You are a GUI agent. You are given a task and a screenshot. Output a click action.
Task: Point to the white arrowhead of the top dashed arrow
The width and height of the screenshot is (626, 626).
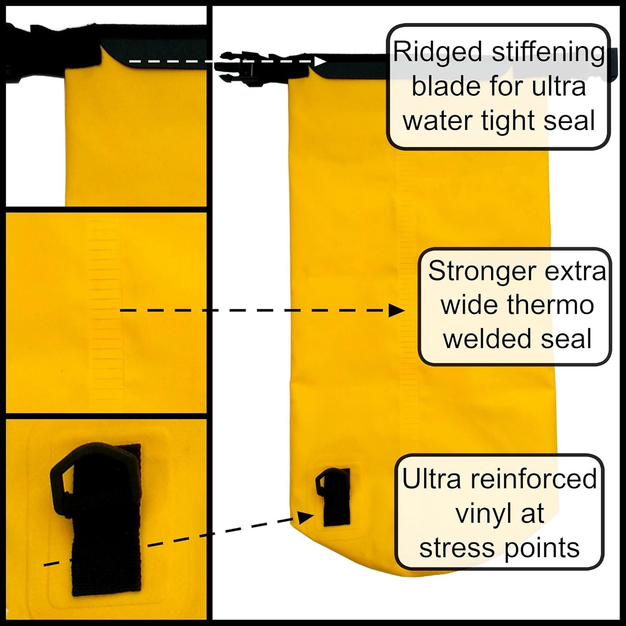[321, 61]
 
